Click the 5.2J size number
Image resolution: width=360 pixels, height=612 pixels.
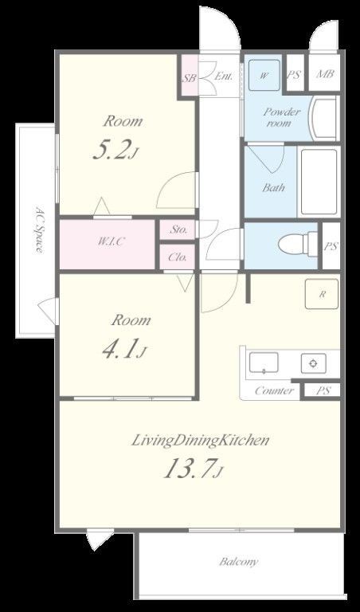[115, 151]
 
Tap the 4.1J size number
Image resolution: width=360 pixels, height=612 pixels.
[123, 348]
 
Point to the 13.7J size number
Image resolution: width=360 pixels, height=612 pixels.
[193, 468]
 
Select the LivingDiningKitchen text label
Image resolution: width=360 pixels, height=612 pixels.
[200, 440]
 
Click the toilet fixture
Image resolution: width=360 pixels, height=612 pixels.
[298, 245]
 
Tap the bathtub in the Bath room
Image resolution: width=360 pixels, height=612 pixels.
[319, 182]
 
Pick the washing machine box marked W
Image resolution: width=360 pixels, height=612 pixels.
[264, 75]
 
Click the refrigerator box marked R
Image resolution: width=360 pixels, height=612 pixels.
[322, 294]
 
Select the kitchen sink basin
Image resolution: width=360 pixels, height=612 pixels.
[264, 363]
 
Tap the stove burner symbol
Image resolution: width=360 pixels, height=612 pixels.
[313, 363]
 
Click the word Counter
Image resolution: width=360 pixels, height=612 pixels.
[274, 390]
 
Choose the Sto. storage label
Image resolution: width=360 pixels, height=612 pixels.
[178, 229]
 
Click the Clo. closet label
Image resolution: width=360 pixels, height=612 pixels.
[177, 257]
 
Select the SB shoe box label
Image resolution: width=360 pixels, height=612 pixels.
[190, 77]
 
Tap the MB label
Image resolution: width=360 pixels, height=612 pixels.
[324, 73]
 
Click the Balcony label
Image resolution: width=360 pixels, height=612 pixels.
[239, 562]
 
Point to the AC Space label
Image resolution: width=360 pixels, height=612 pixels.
[39, 229]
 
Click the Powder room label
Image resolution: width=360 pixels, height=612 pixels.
[282, 117]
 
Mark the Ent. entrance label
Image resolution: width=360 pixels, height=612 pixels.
[224, 76]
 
